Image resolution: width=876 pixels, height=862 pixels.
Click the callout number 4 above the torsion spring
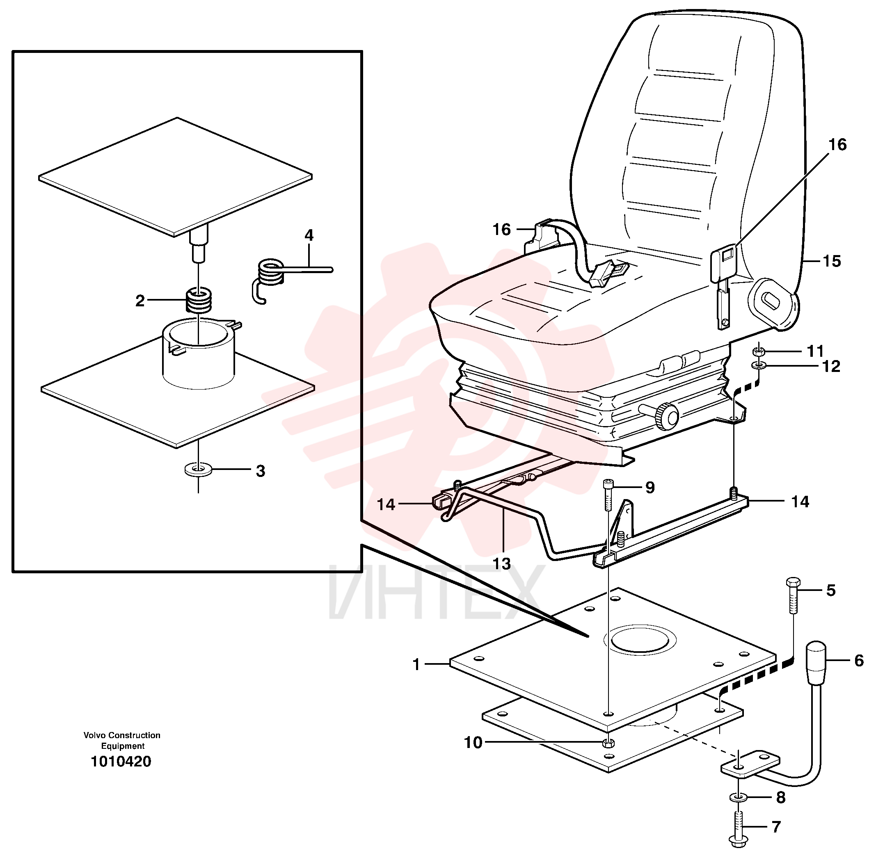pyautogui.click(x=309, y=235)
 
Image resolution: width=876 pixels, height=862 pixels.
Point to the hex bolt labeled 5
pyautogui.click(x=793, y=595)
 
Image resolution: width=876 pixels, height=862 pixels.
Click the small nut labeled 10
pyautogui.click(x=609, y=743)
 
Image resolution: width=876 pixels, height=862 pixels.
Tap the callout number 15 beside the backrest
pyautogui.click(x=831, y=261)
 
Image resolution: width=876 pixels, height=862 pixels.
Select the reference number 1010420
pyautogui.click(x=121, y=762)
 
